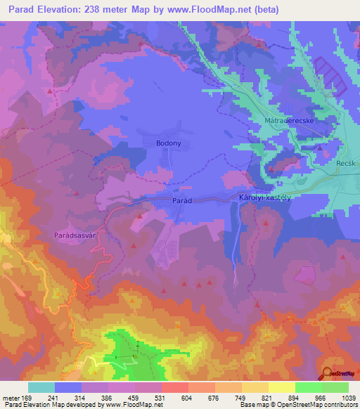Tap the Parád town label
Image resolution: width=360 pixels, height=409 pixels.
pos(182,200)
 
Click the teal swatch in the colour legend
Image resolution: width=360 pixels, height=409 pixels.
pos(41,387)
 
